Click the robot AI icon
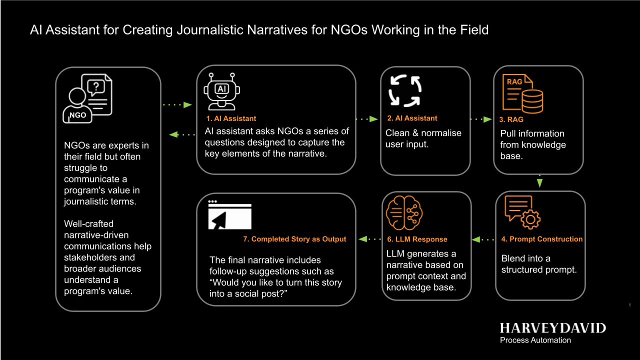pos(221,90)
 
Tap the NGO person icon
pos(87,98)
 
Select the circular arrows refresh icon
pos(405,91)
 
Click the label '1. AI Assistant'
pos(231,118)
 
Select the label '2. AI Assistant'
pos(412,118)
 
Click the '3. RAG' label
pos(511,119)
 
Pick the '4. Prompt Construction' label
pos(542,239)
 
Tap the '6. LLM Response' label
pos(417,239)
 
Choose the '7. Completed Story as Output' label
pos(294,239)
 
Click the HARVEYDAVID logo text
pos(552,328)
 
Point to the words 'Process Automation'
pos(535,340)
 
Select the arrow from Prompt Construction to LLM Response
pos(483,239)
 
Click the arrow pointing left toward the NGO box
pos(182,134)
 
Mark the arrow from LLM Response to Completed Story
pos(370,239)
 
